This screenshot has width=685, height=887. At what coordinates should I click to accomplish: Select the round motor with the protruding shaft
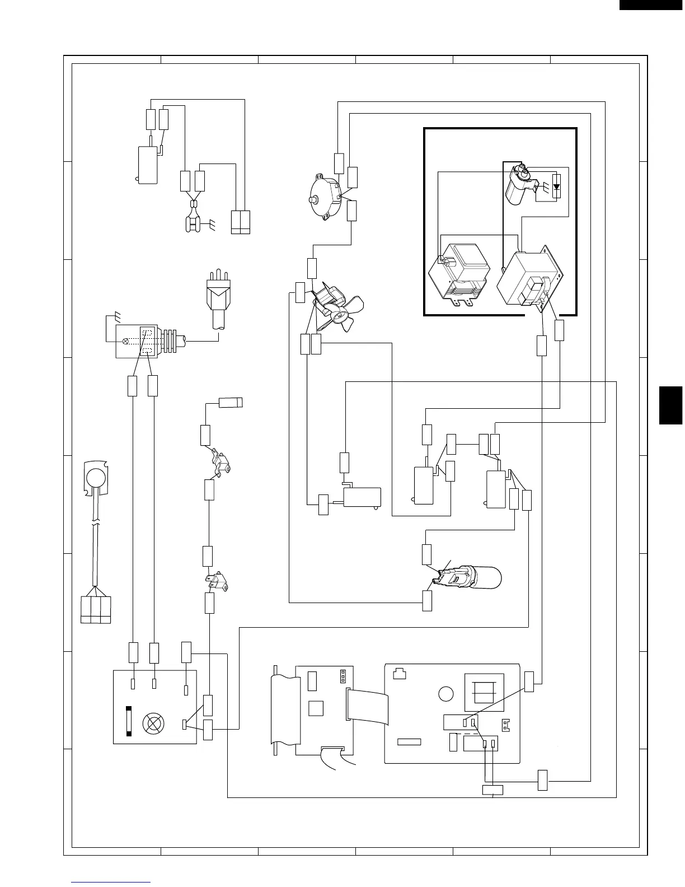pyautogui.click(x=323, y=199)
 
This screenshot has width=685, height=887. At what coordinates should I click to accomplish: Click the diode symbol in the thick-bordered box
pyautogui.click(x=556, y=187)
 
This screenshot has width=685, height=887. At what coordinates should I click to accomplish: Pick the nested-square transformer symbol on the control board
pyautogui.click(x=484, y=693)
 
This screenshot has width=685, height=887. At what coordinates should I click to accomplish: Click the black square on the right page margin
pyautogui.click(x=672, y=405)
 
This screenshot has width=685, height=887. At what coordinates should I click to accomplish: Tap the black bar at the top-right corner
pyautogui.click(x=651, y=5)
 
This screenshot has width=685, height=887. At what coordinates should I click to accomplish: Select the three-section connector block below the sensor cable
pyautogui.click(x=96, y=610)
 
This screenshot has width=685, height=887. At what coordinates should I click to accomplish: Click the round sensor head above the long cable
pyautogui.click(x=96, y=476)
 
